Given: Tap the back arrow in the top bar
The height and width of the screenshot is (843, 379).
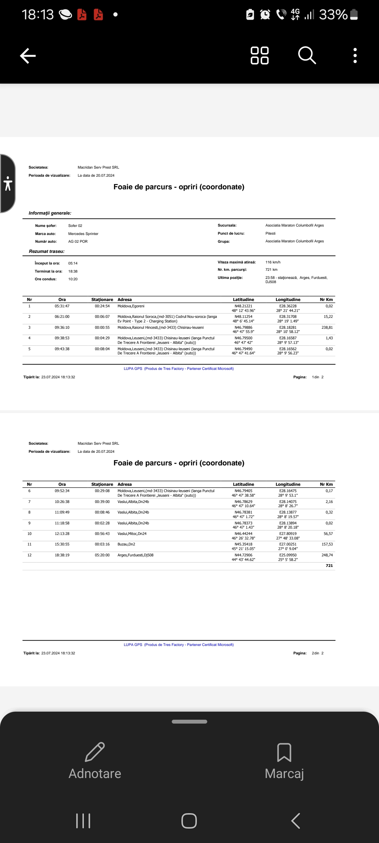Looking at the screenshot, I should tap(28, 56).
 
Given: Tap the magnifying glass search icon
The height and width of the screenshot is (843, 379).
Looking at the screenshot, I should tap(307, 55).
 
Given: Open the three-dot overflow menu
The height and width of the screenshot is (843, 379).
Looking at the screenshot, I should tap(355, 55).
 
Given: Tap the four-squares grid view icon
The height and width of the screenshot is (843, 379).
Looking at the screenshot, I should tap(260, 55).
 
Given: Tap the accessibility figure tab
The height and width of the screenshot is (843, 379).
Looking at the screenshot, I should tap(8, 183).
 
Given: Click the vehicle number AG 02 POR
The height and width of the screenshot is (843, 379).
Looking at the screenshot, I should tap(78, 242).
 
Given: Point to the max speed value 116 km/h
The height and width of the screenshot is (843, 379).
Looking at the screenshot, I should tap(273, 262).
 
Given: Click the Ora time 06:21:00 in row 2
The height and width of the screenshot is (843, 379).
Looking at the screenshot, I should tap(62, 317).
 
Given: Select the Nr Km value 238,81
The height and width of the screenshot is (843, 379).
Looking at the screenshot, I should tap(327, 328).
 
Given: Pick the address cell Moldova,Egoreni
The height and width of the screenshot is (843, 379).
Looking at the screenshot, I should tap(131, 306).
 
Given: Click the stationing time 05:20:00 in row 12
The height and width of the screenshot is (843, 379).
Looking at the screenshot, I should tap(102, 555).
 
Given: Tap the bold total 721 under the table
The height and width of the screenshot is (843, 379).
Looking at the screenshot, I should tap(329, 566).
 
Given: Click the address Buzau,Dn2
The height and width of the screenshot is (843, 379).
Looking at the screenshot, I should tap(126, 544).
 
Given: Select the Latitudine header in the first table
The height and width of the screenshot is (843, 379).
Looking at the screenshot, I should tap(244, 300).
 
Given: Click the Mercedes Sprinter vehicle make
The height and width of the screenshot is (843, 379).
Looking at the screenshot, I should tap(83, 234).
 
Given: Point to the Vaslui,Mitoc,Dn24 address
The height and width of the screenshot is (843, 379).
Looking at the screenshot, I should tap(132, 534).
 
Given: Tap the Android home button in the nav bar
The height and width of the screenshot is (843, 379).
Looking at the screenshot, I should tap(189, 821).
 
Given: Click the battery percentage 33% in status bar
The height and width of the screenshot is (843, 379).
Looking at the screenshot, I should tap(333, 15).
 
